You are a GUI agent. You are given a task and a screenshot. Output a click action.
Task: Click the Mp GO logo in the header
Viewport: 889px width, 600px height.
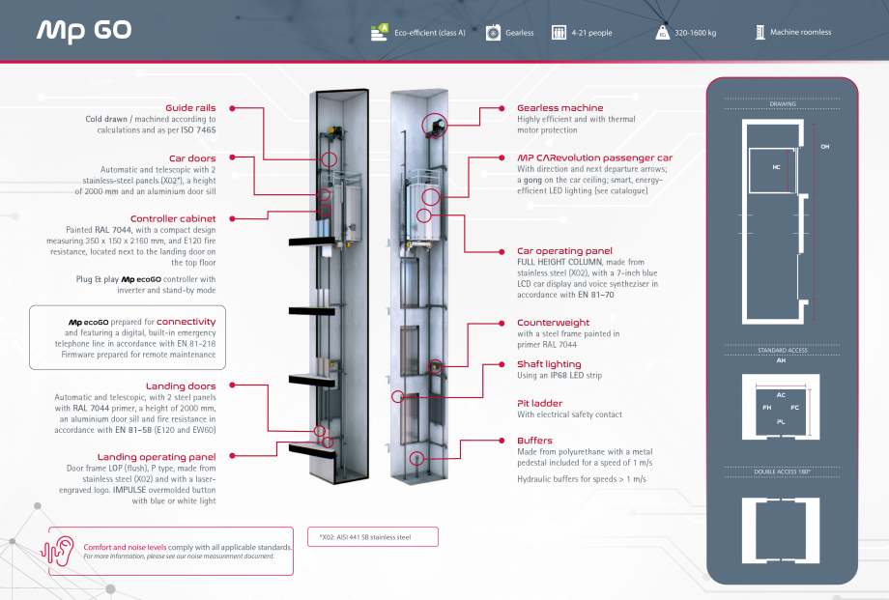pos(84,31)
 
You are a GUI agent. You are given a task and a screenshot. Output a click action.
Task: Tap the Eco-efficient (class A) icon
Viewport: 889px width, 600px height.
pos(379,33)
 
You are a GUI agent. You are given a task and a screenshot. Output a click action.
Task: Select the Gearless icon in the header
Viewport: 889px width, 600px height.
pos(493,33)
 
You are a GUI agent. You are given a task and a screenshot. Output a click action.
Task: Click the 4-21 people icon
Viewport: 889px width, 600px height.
pos(559,33)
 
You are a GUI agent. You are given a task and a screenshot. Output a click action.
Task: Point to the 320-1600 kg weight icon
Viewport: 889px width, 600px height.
pos(663,33)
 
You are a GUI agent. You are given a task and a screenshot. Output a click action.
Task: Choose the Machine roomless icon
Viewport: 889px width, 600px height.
pos(760,32)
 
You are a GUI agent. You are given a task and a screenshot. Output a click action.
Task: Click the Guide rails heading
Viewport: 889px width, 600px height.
pos(190,107)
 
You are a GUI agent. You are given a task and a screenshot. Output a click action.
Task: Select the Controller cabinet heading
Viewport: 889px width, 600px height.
pos(173,218)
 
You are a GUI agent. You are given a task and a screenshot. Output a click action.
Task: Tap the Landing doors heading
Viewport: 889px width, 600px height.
pos(181,386)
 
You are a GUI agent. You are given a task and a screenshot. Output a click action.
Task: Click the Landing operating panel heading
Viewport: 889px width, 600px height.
pos(157,455)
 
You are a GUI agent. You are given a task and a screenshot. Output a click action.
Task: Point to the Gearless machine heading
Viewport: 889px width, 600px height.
pos(559,107)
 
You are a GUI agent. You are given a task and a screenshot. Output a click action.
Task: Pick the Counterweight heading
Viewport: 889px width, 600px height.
pos(555,323)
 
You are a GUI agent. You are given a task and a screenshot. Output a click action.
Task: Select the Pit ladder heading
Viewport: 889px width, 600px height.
pos(539,403)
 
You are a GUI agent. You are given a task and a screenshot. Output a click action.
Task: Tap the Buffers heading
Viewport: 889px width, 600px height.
pos(534,440)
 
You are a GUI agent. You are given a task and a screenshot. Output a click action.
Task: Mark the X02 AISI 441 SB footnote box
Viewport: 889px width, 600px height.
pos(373,537)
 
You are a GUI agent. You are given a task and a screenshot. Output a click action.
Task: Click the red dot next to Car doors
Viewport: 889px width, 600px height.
pos(233,157)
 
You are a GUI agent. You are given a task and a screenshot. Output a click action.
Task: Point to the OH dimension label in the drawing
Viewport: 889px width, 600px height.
pos(824,147)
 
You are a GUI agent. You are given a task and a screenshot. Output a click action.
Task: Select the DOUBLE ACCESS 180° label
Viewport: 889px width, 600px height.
pos(783,471)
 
